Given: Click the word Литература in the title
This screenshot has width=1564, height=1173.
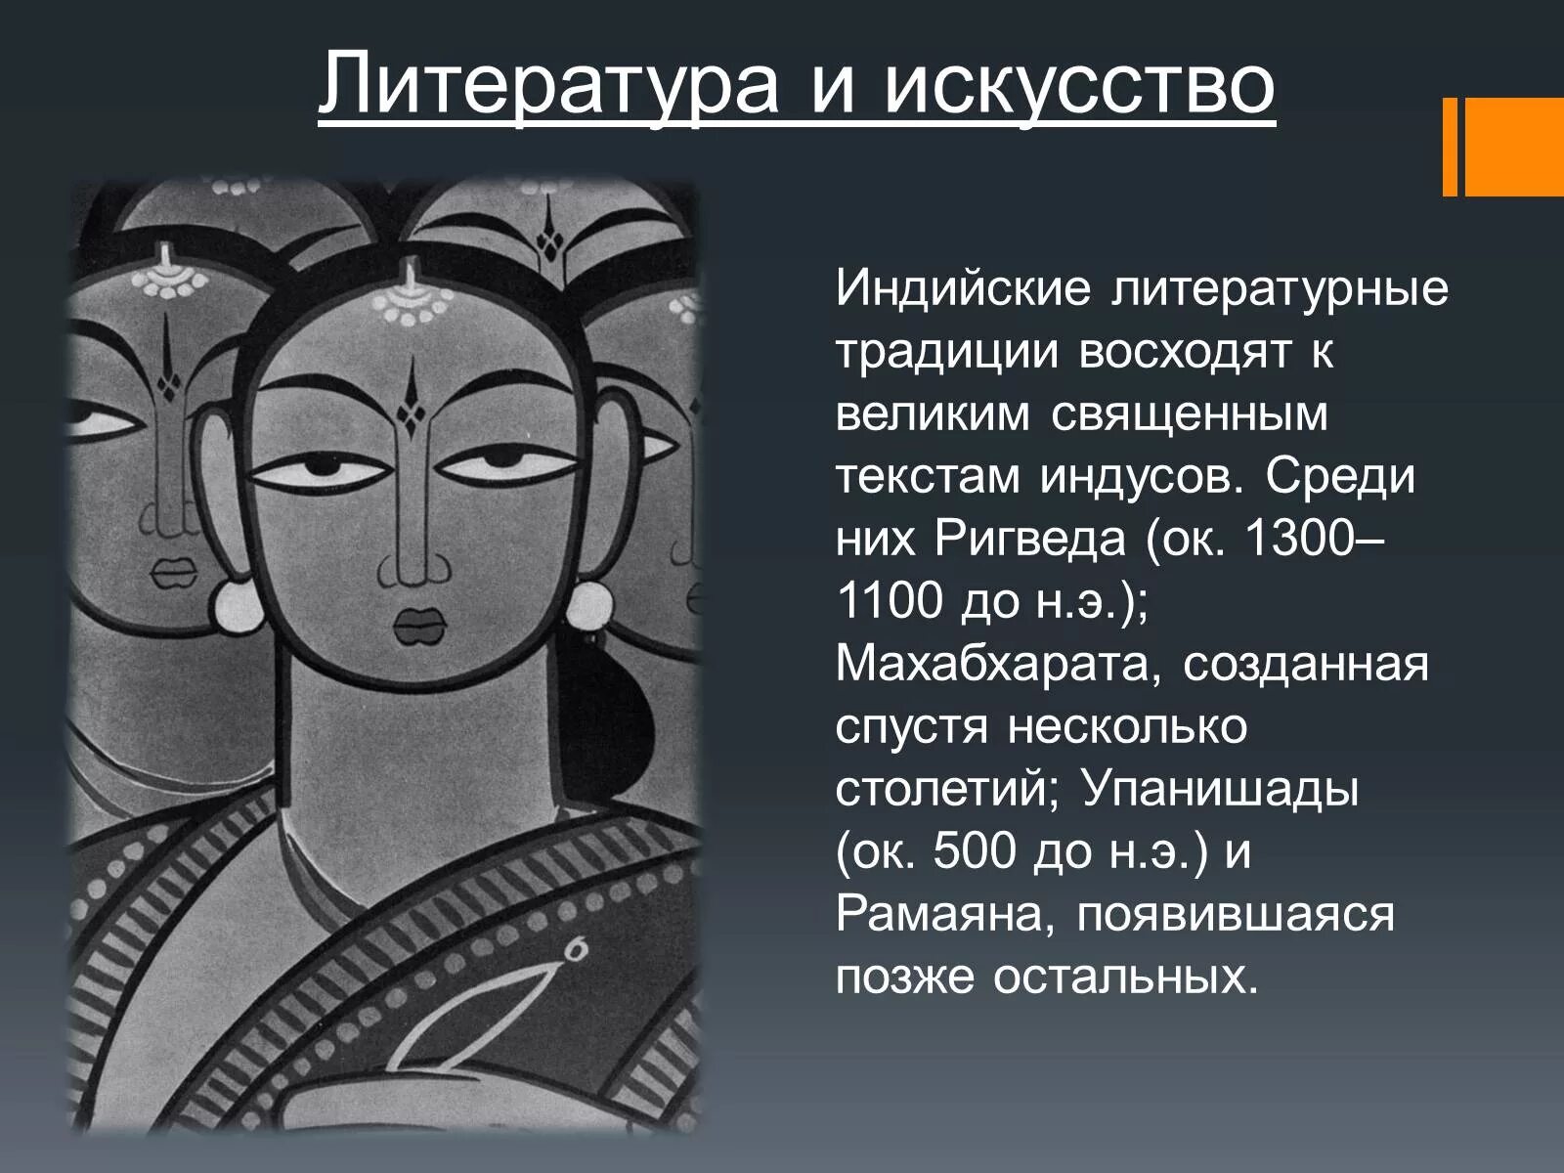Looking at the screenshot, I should [x=547, y=84].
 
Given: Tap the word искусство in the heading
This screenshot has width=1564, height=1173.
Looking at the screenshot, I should [x=1080, y=84].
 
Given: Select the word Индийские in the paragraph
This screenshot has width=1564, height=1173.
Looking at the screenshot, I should [x=962, y=289].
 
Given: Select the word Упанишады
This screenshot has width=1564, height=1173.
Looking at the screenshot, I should [x=1220, y=790].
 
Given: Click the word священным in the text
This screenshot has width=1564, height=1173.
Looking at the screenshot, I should [x=1190, y=414].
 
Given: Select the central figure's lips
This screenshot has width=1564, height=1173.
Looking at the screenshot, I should [x=420, y=626].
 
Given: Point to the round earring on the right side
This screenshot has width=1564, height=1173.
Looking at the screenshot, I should [x=586, y=606].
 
